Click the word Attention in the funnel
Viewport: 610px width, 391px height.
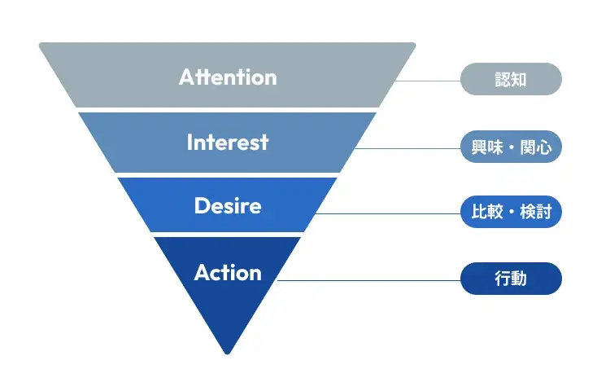228,77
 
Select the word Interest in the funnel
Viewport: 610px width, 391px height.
228,142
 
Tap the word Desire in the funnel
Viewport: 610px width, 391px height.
228,205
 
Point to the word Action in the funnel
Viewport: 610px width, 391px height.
228,272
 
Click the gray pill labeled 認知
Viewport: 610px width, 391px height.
511,79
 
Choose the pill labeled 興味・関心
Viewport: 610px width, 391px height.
511,147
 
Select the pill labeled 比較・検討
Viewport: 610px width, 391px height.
511,212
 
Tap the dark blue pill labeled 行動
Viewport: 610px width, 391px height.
511,279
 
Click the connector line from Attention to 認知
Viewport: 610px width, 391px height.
428,81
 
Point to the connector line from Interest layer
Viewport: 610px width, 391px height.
407,148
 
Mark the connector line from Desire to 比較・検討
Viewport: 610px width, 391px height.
388,213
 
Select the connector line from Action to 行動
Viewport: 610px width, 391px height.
368,280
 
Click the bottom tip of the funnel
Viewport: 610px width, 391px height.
228,354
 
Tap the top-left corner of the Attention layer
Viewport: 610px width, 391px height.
41,44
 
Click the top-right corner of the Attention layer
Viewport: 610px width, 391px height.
414,44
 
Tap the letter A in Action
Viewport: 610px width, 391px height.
203,272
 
